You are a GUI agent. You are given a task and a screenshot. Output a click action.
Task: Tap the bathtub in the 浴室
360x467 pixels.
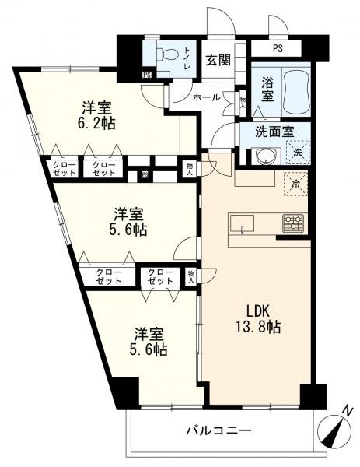pyautogui.click(x=295, y=91)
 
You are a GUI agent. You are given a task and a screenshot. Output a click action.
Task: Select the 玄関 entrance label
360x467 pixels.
pyautogui.click(x=218, y=61)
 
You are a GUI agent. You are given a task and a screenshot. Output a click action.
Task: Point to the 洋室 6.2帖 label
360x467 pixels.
pyautogui.click(x=97, y=115)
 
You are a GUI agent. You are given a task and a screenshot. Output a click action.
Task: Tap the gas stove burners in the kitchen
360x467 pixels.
pyautogui.click(x=293, y=223)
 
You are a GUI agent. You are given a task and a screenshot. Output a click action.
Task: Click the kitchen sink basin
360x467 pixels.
pyautogui.click(x=242, y=223)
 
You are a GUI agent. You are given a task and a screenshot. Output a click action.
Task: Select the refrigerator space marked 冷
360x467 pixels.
pyautogui.click(x=295, y=184)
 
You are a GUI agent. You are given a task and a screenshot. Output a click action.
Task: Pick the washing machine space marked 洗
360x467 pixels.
pyautogui.click(x=298, y=153)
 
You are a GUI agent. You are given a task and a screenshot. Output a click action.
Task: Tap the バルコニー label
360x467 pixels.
pyautogui.click(x=219, y=430)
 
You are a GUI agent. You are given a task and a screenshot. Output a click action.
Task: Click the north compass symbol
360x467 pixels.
pyautogui.click(x=334, y=430)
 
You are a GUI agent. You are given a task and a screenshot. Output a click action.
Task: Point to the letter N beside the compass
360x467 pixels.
pyautogui.click(x=347, y=411)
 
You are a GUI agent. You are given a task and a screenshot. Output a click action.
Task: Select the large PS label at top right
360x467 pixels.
pyautogui.click(x=278, y=48)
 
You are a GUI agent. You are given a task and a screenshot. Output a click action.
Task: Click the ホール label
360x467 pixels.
pyautogui.click(x=207, y=97)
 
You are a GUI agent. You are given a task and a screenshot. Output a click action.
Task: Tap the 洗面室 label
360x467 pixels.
pyautogui.click(x=275, y=132)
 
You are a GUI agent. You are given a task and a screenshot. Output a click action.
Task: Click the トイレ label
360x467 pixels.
pyautogui.click(x=187, y=58)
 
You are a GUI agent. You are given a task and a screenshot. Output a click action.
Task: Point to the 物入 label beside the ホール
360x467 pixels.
pyautogui.click(x=243, y=103)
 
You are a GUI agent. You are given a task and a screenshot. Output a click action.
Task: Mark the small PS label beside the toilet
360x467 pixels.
pyautogui.click(x=147, y=75)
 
